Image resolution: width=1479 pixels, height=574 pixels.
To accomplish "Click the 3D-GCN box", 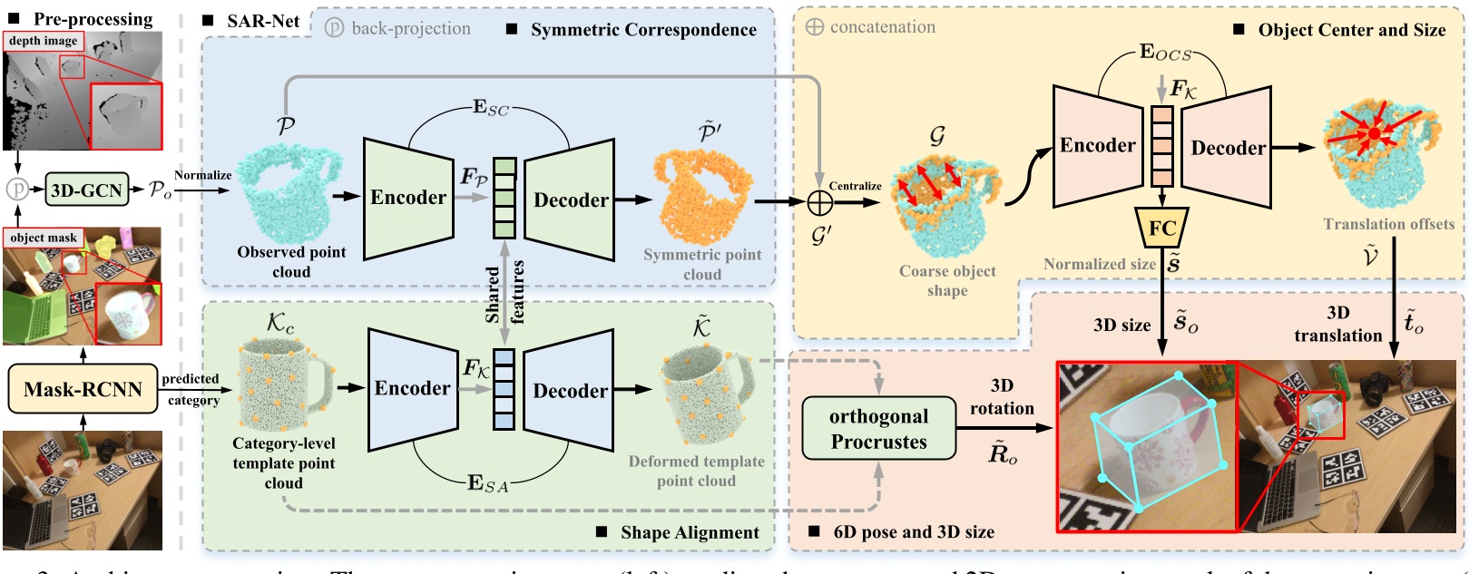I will [x=86, y=190].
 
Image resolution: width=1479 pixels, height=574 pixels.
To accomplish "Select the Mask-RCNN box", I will [x=83, y=389].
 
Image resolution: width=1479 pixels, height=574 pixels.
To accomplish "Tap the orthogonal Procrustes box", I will [x=878, y=429].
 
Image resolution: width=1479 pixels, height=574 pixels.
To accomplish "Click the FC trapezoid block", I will [x=1161, y=228].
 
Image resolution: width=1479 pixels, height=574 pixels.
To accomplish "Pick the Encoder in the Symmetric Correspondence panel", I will [x=408, y=198].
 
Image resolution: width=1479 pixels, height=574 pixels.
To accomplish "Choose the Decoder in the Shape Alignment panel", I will [x=570, y=391].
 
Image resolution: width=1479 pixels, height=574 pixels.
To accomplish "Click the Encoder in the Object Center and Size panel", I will [x=1097, y=146].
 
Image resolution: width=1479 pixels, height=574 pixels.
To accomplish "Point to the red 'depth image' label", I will [x=43, y=41].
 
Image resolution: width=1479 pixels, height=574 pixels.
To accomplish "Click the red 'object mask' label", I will [x=44, y=238].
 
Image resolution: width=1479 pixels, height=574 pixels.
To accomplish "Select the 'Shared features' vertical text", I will [x=504, y=292].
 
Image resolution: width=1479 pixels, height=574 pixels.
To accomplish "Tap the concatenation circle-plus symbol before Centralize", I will [x=819, y=202].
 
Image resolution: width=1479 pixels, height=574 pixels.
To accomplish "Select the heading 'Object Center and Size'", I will [x=1351, y=30].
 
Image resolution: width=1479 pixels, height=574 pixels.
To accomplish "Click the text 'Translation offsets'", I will [x=1388, y=224].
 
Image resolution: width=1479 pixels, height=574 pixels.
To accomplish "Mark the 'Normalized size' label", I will [x=1099, y=264].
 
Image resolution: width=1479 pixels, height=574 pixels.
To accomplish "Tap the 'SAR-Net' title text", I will [x=263, y=20].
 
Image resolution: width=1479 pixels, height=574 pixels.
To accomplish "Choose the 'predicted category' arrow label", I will [x=191, y=389].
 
